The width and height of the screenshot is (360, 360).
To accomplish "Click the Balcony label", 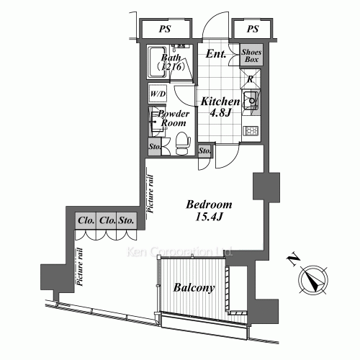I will tap(194, 289).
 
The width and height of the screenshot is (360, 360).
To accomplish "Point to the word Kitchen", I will tap(219, 101).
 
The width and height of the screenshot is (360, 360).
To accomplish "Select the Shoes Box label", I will tap(252, 57).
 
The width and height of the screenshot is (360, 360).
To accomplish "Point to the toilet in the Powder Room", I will tap(182, 140).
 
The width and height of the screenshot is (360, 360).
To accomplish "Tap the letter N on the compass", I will tap(294, 258).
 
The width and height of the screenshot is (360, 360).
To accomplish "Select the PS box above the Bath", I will tap(165, 30).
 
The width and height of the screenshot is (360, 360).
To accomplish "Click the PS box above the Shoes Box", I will tap(252, 30).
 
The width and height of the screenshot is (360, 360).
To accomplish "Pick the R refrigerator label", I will tap(249, 80).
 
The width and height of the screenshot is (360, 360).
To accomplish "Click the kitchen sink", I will tap(252, 101).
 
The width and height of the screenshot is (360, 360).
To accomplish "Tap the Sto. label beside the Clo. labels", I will tap(128, 220).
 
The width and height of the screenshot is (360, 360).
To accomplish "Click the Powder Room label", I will tap(174, 119).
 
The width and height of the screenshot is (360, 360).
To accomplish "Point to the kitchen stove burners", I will tap(252, 132).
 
